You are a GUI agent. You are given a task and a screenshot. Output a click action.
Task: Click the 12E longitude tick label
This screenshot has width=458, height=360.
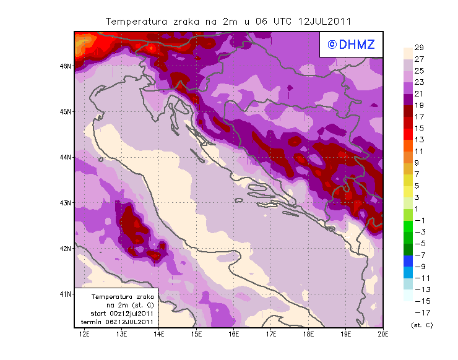(x=84, y=335)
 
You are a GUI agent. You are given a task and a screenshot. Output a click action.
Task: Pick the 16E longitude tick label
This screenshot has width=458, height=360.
(x=234, y=335)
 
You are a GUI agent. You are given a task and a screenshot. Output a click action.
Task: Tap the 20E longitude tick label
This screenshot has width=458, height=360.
(x=383, y=335)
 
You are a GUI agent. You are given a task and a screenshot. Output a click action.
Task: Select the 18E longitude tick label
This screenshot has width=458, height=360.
(x=309, y=335)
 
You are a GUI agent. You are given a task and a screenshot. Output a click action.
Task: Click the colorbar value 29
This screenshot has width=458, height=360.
(x=418, y=48)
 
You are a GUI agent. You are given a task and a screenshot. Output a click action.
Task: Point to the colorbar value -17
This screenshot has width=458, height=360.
(x=419, y=312)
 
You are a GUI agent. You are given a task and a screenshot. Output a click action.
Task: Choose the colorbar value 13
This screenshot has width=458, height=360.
(x=418, y=140)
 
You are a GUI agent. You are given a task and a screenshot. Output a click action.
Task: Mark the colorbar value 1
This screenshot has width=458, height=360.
(x=418, y=208)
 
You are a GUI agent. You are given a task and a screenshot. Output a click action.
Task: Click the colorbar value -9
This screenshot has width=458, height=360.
(x=419, y=266)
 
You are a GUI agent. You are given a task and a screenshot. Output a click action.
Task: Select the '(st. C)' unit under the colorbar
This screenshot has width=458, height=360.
(x=421, y=325)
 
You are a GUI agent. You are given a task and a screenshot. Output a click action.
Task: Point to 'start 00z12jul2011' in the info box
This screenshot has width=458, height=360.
(x=117, y=314)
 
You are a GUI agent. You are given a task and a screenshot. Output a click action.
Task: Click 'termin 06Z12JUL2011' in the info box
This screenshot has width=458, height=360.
(x=115, y=322)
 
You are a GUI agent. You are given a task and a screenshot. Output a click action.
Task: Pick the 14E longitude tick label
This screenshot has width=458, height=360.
(x=159, y=335)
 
